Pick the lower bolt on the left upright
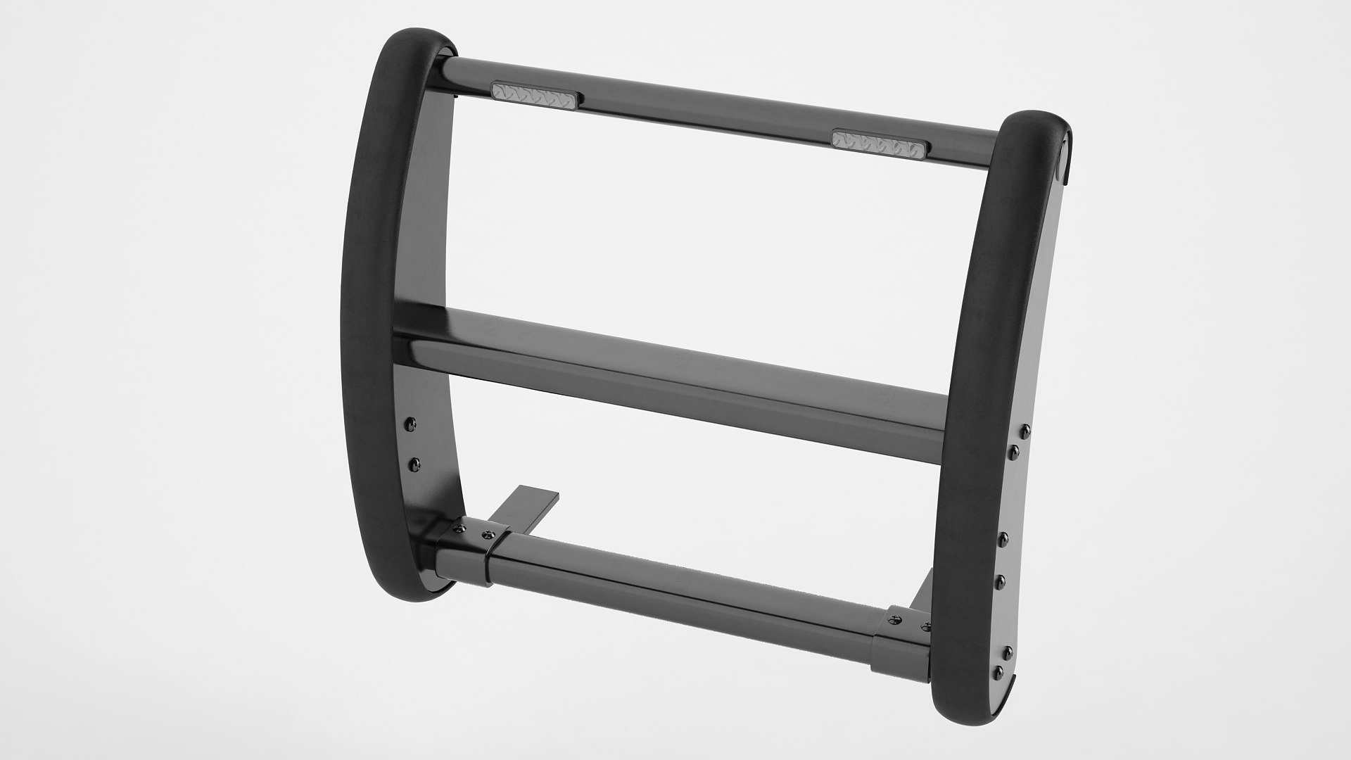414,463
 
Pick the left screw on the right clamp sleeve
895,619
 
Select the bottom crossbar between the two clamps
683,591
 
